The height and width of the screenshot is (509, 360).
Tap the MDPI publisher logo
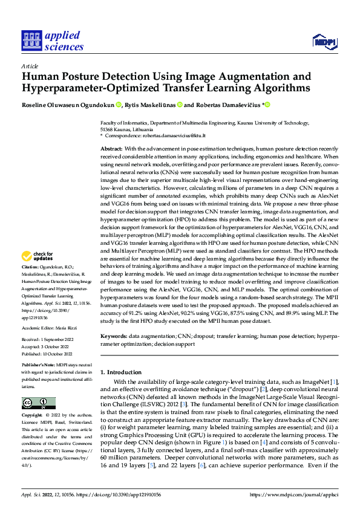point(324,41)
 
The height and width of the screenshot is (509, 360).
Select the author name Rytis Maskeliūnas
point(151,105)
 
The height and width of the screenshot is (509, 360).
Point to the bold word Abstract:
point(111,149)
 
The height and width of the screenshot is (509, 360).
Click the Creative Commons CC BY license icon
point(38,403)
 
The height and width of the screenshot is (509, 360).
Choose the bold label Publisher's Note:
point(38,366)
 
